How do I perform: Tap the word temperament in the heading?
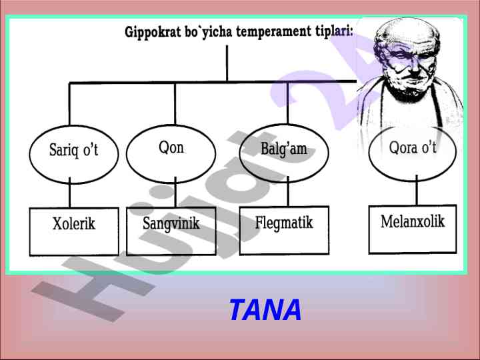pyautogui.click(x=269, y=33)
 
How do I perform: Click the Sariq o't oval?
pyautogui.click(x=73, y=151)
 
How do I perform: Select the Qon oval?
pyautogui.click(x=171, y=148)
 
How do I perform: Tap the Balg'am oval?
pyautogui.click(x=284, y=149)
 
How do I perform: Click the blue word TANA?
pyautogui.click(x=265, y=310)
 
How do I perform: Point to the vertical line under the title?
pyautogui.click(x=227, y=63)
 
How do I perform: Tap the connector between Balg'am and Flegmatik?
pyautogui.click(x=287, y=193)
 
